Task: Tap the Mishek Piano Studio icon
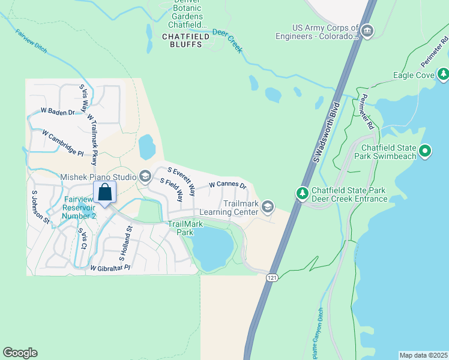145,176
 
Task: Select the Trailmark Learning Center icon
268,208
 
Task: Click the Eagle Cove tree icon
443,74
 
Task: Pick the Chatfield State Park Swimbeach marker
426,151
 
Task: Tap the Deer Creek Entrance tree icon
302,193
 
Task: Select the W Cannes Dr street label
228,185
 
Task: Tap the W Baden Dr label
57,112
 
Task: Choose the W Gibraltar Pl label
109,268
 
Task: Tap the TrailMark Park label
185,228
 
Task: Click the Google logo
20,353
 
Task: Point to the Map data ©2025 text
423,355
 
